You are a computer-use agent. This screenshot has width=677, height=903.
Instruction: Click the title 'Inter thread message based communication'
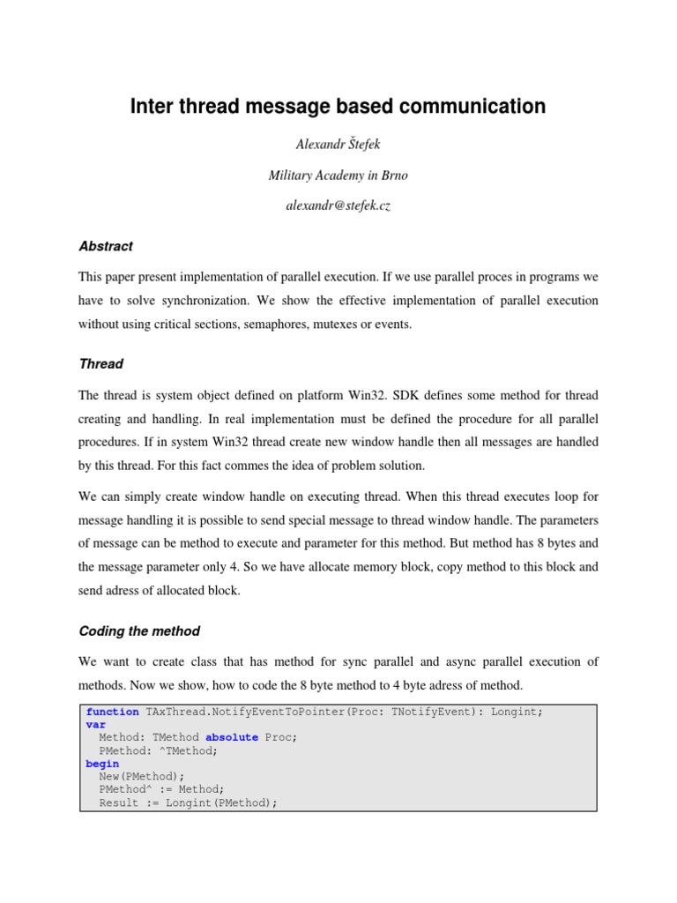[x=338, y=107]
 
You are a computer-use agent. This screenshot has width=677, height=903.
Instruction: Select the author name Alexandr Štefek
[x=338, y=144]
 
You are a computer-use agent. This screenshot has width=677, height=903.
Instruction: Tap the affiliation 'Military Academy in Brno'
[x=338, y=175]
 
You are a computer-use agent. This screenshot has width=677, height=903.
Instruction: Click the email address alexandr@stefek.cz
[x=338, y=207]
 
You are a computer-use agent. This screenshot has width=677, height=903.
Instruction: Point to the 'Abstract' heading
[x=106, y=247]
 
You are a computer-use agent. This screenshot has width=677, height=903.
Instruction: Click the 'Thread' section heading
[x=100, y=363]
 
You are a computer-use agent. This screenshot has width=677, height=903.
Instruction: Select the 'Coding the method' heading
[x=139, y=631]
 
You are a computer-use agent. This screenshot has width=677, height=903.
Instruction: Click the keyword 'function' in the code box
[x=112, y=712]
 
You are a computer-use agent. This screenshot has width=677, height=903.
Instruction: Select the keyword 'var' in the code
[x=95, y=725]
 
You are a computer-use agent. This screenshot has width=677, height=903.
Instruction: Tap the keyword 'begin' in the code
[x=100, y=764]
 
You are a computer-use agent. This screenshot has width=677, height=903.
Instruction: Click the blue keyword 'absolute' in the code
[x=232, y=737]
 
